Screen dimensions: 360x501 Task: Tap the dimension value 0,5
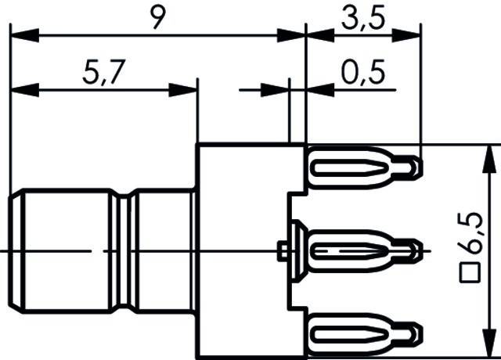(363, 74)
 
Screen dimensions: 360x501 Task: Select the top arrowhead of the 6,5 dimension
(491, 152)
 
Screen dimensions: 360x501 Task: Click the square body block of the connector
(243, 250)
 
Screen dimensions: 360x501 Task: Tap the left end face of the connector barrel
(13, 250)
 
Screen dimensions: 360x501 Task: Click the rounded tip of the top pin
(417, 166)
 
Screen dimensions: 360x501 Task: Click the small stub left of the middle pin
(282, 250)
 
